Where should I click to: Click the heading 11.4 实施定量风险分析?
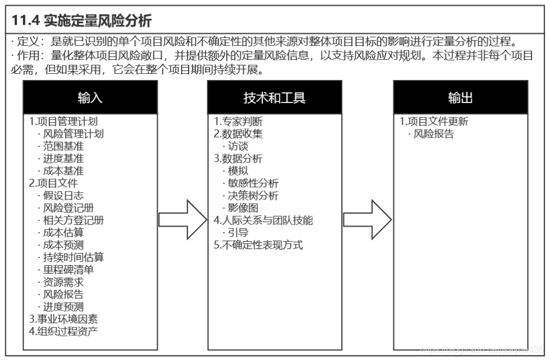(x=82, y=20)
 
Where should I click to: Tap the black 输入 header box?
(x=90, y=97)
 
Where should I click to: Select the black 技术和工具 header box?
(x=274, y=97)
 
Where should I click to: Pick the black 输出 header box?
(x=460, y=97)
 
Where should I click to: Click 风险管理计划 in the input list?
(x=73, y=134)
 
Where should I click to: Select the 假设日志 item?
(x=64, y=195)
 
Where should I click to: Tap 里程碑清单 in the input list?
(x=69, y=269)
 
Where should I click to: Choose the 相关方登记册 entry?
(x=73, y=220)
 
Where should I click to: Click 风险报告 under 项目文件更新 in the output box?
(x=434, y=134)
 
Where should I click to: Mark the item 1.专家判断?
(x=238, y=122)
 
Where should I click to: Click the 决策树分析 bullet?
(x=253, y=195)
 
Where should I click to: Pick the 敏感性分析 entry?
(x=253, y=183)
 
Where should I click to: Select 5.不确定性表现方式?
(x=258, y=245)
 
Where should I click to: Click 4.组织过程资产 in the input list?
(x=64, y=331)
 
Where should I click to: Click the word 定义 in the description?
(x=25, y=42)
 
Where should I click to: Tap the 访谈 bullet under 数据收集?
(x=239, y=146)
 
